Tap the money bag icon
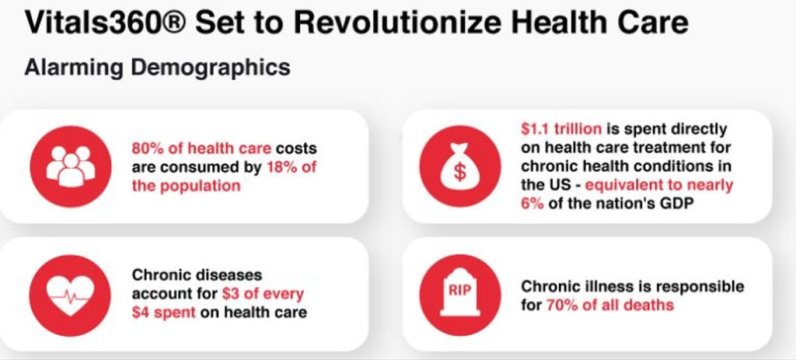click(460, 166)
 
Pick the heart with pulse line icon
click(70, 295)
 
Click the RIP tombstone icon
click(460, 295)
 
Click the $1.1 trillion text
click(561, 130)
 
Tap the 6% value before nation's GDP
click(532, 203)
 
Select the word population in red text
click(200, 187)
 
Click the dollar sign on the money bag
click(459, 172)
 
